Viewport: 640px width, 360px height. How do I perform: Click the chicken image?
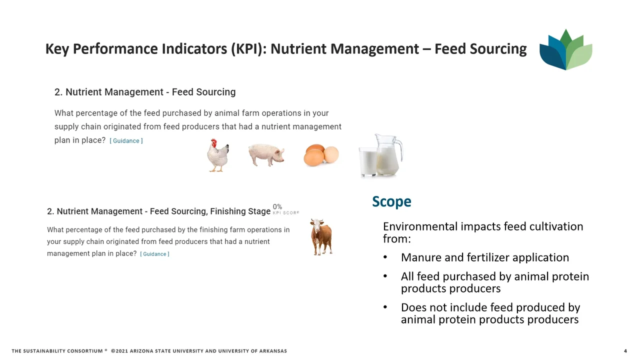point(218,155)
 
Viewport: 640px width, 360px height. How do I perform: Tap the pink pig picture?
point(266,155)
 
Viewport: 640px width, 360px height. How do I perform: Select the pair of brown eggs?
point(321,155)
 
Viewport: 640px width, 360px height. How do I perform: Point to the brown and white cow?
point(321,236)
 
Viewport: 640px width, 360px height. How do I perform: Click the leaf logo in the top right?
point(565,49)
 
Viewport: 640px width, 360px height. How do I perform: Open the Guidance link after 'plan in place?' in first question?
point(126,141)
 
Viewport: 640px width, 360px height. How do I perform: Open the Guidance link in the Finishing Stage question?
point(154,254)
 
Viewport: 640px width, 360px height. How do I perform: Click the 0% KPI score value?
point(277,206)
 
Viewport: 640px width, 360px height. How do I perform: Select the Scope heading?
point(391,201)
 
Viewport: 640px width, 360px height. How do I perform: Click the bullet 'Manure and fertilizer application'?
point(484,257)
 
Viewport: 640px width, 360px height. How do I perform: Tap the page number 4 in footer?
point(625,351)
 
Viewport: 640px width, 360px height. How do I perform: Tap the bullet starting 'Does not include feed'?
point(490,313)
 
